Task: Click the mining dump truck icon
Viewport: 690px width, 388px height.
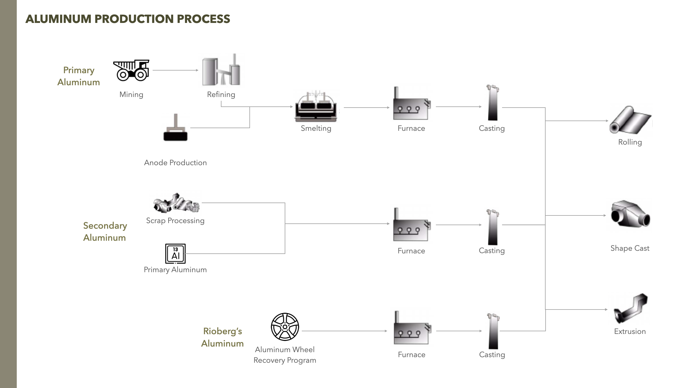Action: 131,70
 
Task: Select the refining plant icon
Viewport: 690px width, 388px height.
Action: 221,70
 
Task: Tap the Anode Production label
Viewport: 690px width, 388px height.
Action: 175,163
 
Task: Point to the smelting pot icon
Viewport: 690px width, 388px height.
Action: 316,107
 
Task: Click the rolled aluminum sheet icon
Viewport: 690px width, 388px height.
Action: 630,121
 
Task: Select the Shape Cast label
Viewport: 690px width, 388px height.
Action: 630,248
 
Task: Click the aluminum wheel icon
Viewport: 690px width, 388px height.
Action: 285,327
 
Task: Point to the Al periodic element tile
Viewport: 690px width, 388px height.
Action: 175,253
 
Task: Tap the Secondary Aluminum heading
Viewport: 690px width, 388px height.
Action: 105,232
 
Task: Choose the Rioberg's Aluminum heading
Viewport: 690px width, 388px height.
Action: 223,337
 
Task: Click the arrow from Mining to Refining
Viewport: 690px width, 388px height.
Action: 175,70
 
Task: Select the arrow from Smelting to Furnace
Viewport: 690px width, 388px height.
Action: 366,108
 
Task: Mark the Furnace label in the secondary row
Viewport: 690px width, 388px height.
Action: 411,251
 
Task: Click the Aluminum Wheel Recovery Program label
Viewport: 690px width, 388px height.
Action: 285,355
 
